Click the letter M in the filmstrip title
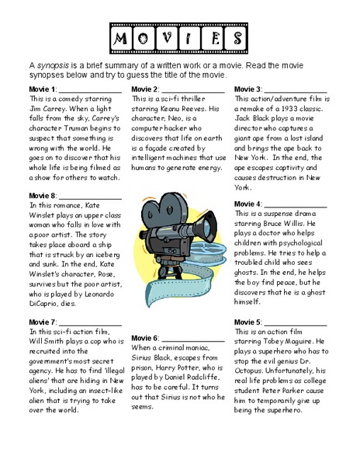(120, 37)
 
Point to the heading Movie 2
(146, 89)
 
